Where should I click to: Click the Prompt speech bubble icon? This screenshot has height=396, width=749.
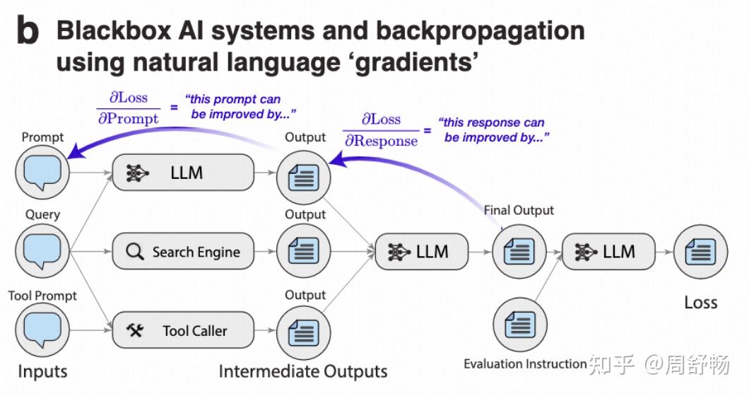point(42,171)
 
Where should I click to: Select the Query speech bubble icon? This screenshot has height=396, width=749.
point(42,250)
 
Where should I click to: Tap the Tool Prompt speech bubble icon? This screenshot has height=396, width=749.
point(42,330)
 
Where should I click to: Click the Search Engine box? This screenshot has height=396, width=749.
point(183,252)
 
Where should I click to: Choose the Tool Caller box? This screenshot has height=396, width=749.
point(183,330)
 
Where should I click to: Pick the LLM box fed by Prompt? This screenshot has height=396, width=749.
point(183,173)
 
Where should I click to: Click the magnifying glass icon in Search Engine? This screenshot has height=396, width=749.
point(134,252)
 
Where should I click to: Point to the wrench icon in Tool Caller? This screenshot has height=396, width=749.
point(135,330)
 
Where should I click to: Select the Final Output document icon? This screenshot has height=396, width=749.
point(519,251)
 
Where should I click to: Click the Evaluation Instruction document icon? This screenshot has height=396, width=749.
point(519,325)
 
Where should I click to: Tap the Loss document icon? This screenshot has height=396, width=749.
point(700,251)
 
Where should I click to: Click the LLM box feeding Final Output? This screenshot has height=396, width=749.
point(422,251)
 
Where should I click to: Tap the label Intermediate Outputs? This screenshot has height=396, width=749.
point(303,371)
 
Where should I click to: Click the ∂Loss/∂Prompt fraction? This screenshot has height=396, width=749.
point(128,109)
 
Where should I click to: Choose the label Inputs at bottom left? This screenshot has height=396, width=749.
point(42,371)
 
